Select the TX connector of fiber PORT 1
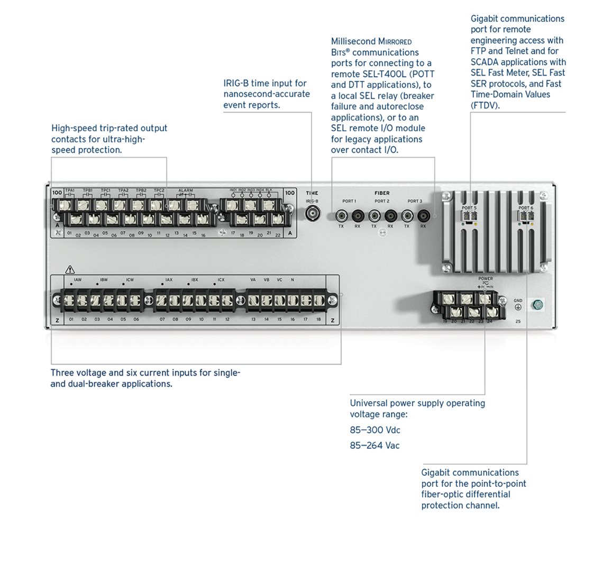coord(341,216)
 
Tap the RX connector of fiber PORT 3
coord(423,216)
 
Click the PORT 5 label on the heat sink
coord(469,208)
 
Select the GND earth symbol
coord(518,307)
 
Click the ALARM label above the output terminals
coord(186,191)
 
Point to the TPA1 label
coord(70,191)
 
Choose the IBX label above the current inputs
coord(195,279)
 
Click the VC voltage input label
coord(279,279)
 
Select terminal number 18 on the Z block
coord(318,319)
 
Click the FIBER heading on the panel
coord(382,193)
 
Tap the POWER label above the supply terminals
coord(485,278)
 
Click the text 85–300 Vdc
coord(374,430)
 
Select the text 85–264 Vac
coord(374,446)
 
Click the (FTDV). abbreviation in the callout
coord(485,105)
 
